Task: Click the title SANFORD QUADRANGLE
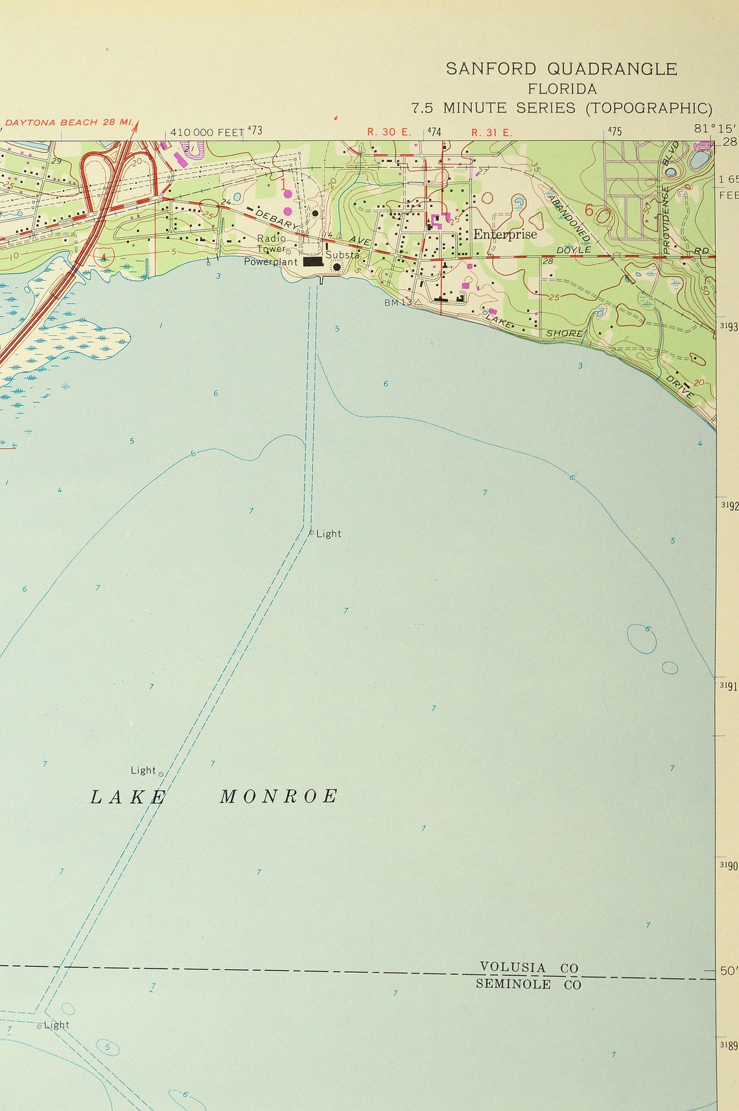(561, 69)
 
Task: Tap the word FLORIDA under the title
(562, 89)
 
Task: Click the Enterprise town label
(505, 234)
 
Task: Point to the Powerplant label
(270, 262)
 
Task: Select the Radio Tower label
(271, 244)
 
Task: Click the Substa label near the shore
(342, 255)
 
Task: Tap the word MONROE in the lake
(279, 797)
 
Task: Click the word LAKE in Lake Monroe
(128, 797)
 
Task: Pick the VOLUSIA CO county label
(528, 968)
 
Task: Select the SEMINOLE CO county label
(528, 985)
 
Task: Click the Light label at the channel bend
(328, 533)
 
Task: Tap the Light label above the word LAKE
(143, 770)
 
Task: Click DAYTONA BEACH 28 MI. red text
(69, 122)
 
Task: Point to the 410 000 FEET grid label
(206, 132)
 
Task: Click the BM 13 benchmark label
(397, 303)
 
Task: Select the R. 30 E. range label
(389, 132)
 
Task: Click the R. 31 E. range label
(491, 132)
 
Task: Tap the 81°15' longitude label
(710, 128)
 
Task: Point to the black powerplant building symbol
(313, 262)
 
